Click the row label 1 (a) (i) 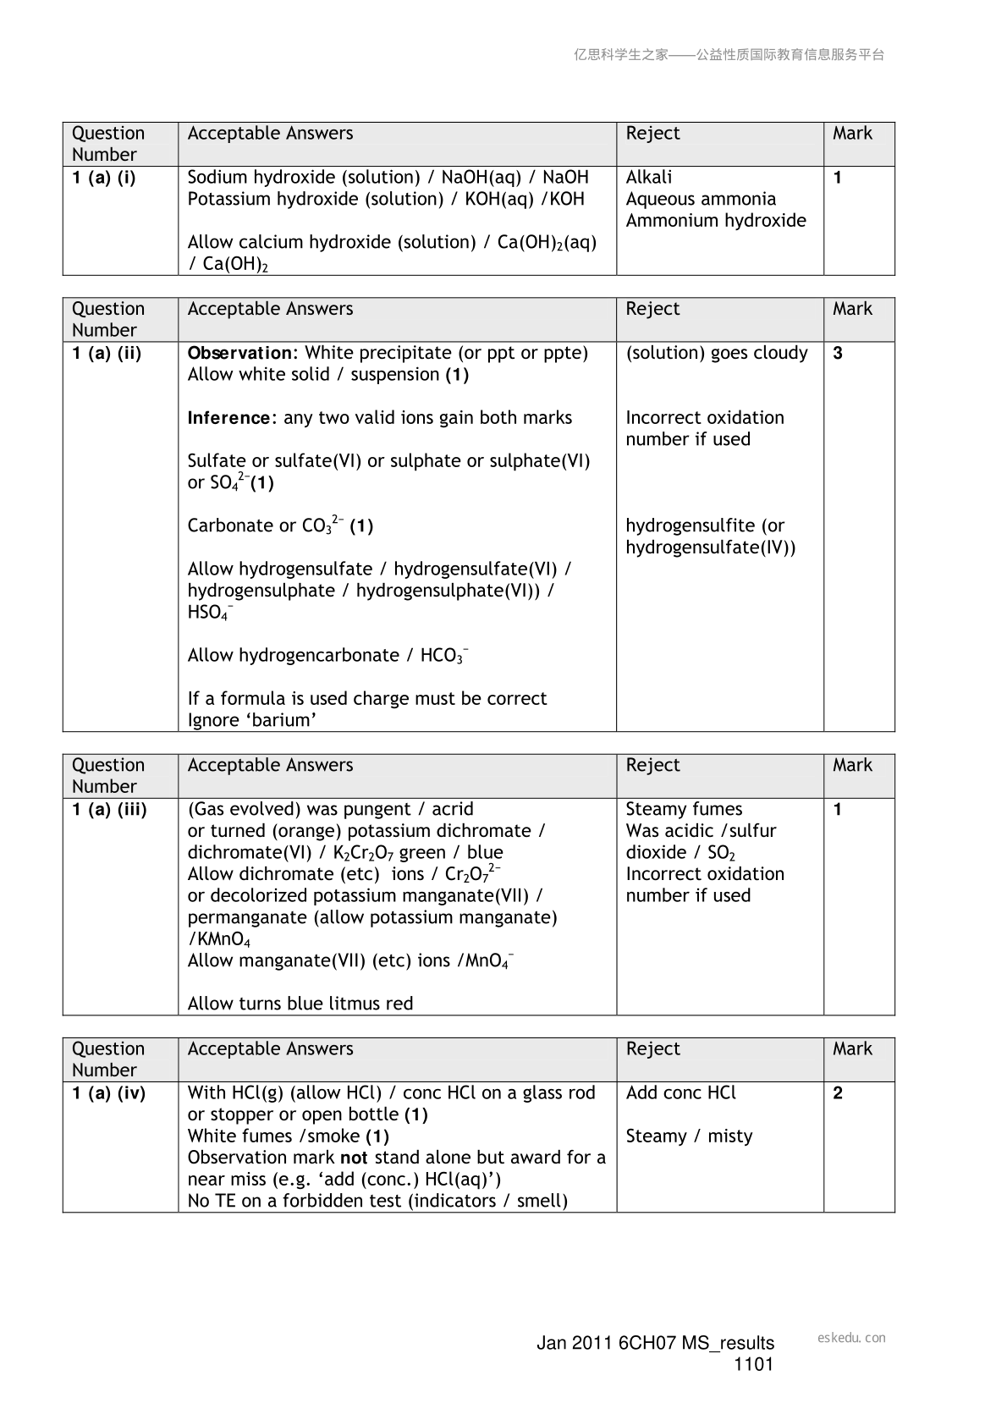click(x=103, y=178)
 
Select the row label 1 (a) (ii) click(x=106, y=354)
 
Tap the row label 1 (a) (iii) click(x=109, y=810)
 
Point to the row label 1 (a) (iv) click(x=108, y=1093)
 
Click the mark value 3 click(x=838, y=354)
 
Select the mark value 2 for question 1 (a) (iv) click(x=838, y=1093)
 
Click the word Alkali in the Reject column click(x=649, y=178)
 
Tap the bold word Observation click(x=239, y=353)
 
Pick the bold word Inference click(x=228, y=418)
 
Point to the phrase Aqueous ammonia click(x=701, y=199)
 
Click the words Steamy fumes click(x=684, y=810)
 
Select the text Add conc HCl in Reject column click(x=680, y=1093)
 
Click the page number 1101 click(x=753, y=1364)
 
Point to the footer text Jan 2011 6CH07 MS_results click(x=655, y=1343)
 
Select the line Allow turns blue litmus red click(x=300, y=1004)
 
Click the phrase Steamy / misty click(x=689, y=1136)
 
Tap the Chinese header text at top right click(x=729, y=55)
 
